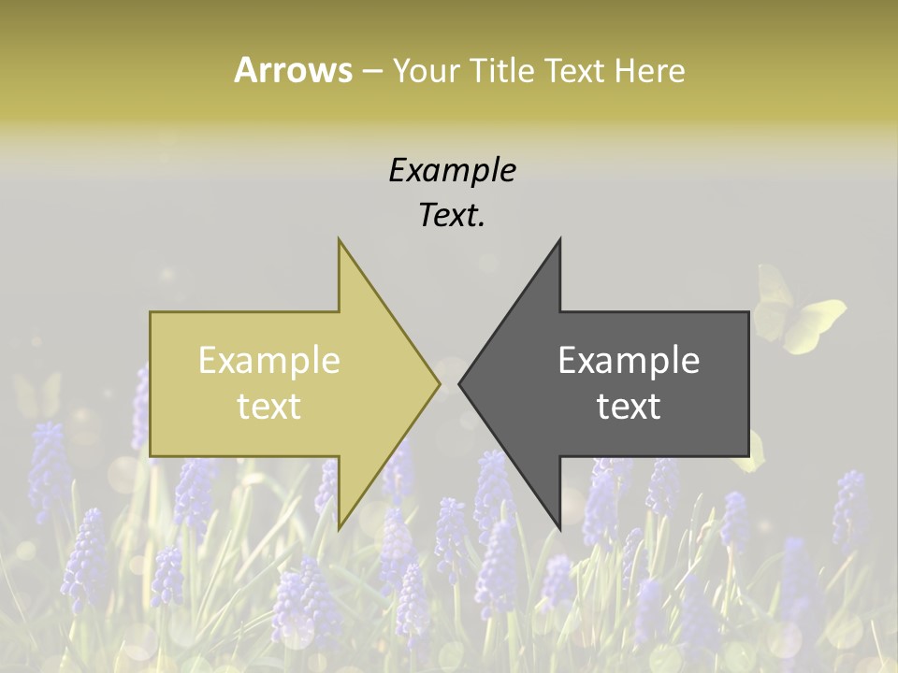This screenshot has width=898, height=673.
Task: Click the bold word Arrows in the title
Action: click(293, 70)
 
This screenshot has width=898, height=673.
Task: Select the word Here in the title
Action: click(649, 71)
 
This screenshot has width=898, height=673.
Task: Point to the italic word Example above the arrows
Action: click(452, 170)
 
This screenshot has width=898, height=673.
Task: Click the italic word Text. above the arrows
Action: click(452, 216)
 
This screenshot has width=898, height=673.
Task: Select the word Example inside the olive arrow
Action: click(269, 360)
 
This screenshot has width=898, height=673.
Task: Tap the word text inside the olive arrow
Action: click(269, 406)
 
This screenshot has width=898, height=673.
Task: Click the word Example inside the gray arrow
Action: click(629, 360)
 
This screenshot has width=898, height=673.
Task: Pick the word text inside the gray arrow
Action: click(629, 406)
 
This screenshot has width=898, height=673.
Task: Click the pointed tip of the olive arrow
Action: click(439, 383)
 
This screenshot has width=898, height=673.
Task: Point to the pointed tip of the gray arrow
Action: click(460, 383)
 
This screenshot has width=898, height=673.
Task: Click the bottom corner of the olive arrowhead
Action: click(340, 528)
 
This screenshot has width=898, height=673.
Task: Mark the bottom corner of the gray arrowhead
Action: click(559, 528)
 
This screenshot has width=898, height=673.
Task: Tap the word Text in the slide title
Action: click(574, 71)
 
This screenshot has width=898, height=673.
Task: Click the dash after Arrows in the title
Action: click(371, 71)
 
